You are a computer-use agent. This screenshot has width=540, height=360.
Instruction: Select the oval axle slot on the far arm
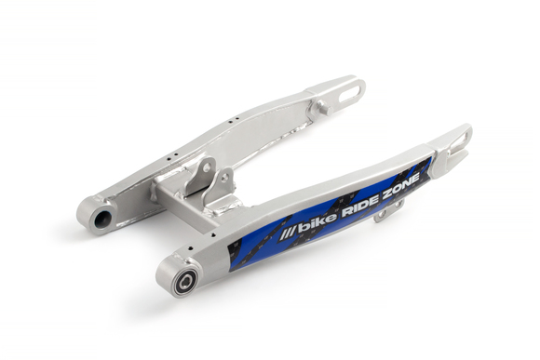(x=348, y=91)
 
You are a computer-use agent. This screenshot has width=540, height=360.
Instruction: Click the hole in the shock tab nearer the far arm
(x=198, y=176)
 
